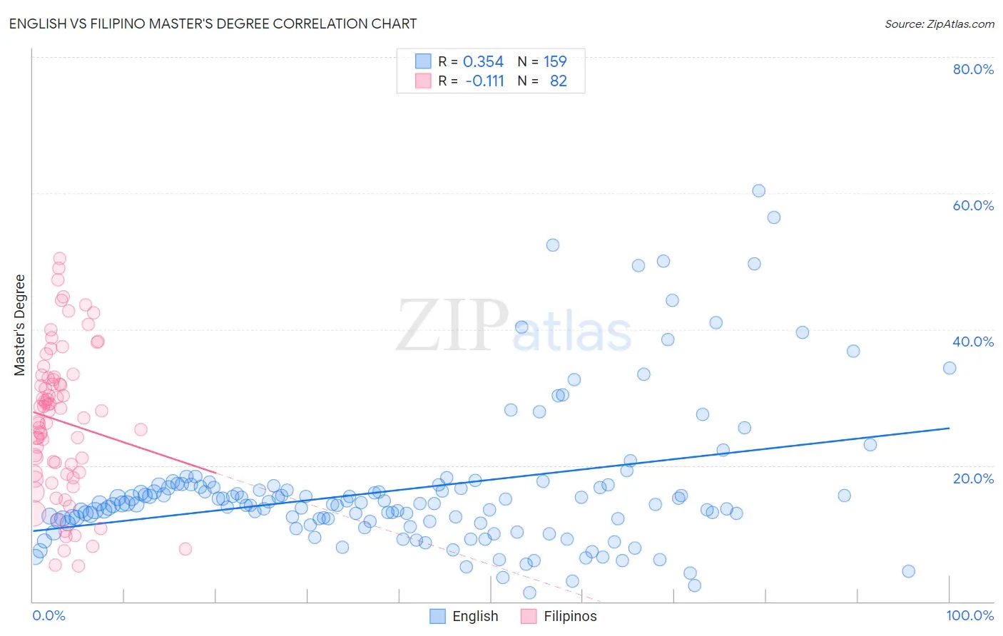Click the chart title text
click(213, 24)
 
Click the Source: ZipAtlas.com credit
click(939, 24)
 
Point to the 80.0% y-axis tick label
click(973, 69)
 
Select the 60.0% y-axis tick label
click(973, 205)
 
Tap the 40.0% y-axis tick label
click(973, 342)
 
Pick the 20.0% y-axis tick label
click(973, 478)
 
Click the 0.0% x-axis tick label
click(49, 615)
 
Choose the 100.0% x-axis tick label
click(969, 615)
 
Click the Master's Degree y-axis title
click(20, 324)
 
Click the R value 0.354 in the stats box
click(483, 62)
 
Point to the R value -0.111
click(484, 81)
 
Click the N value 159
click(555, 62)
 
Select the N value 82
click(558, 81)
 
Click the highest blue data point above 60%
click(758, 191)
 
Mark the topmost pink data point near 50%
click(59, 259)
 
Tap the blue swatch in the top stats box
click(423, 62)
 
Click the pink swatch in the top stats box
click(423, 81)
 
